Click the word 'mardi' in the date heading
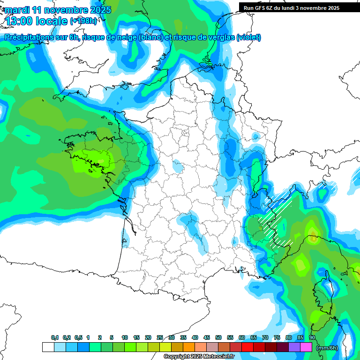pyautogui.click(x=17, y=10)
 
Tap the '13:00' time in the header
pyautogui.click(x=21, y=21)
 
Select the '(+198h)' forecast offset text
pyautogui.click(x=83, y=21)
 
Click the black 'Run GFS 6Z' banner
pyautogui.click(x=295, y=7)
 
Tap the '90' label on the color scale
pyautogui.click(x=312, y=337)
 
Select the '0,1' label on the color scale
pyautogui.click(x=55, y=337)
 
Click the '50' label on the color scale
pyautogui.click(x=218, y=337)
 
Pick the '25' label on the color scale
pyautogui.click(x=160, y=337)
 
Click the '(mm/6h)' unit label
pyautogui.click(x=327, y=347)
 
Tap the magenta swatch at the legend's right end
pyautogui.click(x=306, y=347)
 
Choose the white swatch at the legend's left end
pyautogui.click(x=48, y=347)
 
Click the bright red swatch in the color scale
pyautogui.click(x=247, y=347)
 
